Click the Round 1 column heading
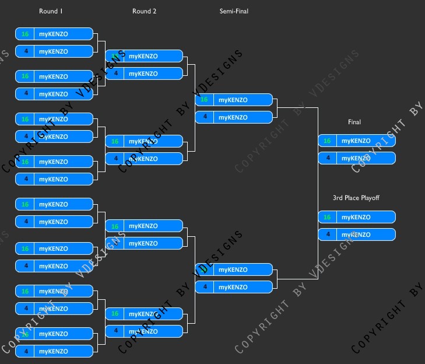pyautogui.click(x=50, y=11)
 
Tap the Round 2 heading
pyautogui.click(x=144, y=11)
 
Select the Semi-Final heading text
pyautogui.click(x=234, y=11)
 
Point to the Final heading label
pyautogui.click(x=354, y=122)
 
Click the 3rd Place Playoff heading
pyautogui.click(x=356, y=198)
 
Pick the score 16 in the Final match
pyautogui.click(x=327, y=141)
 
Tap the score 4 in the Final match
pyautogui.click(x=327, y=158)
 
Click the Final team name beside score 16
pyautogui.click(x=356, y=141)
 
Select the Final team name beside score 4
pyautogui.click(x=356, y=158)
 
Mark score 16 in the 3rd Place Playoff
pyautogui.click(x=327, y=217)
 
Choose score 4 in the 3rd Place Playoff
pyautogui.click(x=327, y=235)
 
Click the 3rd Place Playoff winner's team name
pyautogui.click(x=356, y=217)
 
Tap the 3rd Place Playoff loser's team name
pyautogui.click(x=356, y=235)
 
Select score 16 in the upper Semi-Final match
pyautogui.click(x=204, y=100)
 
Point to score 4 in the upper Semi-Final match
pyautogui.click(x=204, y=117)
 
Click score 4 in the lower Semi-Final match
pyautogui.click(x=204, y=287)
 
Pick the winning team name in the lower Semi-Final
pyautogui.click(x=233, y=269)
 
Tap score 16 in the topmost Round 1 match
pyautogui.click(x=25, y=34)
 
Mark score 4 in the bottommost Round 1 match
pyautogui.click(x=25, y=351)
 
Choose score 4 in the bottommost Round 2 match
pyautogui.click(x=115, y=331)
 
